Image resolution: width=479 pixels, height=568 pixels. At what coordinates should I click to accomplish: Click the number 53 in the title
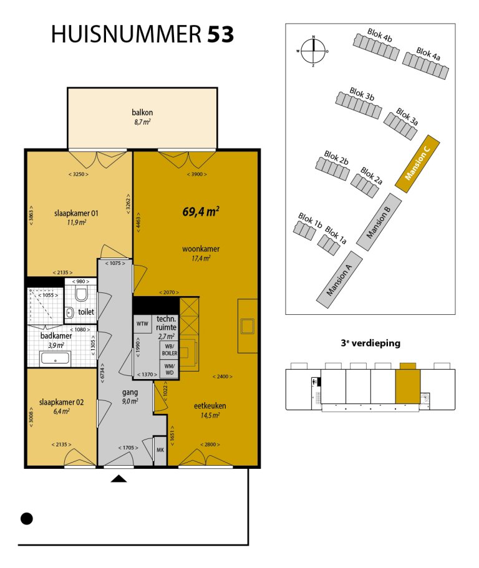[220, 34]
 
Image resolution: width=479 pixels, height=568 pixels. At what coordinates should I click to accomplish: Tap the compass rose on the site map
[314, 51]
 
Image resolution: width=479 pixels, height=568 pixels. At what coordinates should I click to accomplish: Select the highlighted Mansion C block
[417, 164]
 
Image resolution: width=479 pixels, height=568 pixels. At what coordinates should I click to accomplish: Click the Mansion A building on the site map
[339, 280]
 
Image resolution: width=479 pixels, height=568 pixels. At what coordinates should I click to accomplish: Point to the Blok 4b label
[380, 35]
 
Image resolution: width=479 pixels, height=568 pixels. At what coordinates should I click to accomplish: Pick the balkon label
[142, 112]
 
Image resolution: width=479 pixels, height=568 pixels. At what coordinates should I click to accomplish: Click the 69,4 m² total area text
[201, 211]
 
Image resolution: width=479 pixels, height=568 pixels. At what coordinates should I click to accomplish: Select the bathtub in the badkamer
[56, 359]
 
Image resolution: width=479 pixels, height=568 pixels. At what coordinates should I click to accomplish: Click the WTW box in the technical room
[142, 324]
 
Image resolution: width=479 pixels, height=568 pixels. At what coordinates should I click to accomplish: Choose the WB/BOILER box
[169, 350]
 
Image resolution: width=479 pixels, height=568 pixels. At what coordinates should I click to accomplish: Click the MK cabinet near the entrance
[160, 450]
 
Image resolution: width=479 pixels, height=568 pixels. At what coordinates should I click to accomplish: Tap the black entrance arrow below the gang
[119, 479]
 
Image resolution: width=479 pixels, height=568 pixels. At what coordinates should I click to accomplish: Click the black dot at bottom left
[26, 519]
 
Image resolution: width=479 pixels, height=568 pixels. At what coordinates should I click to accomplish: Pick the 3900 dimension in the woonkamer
[196, 174]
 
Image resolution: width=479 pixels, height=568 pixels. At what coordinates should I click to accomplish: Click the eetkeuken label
[210, 406]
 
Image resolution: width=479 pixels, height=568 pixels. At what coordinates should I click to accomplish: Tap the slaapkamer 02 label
[61, 402]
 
